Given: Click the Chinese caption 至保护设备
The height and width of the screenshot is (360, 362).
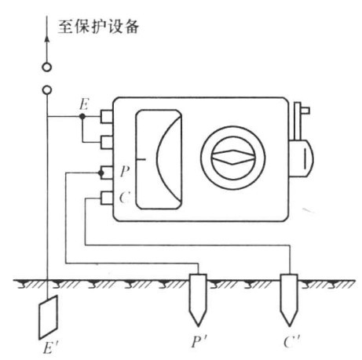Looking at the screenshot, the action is pos(98,27).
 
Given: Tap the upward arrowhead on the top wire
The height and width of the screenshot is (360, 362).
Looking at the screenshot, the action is pos(47,38).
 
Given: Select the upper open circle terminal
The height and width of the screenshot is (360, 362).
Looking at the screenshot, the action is pos(47,67).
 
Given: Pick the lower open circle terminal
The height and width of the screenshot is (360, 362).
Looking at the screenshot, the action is pos(47,90).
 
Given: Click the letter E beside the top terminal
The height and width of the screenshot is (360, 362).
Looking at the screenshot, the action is pos(84,104).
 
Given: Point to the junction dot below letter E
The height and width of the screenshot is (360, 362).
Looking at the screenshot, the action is pos(82,116).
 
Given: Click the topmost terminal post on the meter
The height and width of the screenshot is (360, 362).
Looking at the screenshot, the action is pos(107,116).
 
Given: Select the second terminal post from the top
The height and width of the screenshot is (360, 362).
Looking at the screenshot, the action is pos(107,142).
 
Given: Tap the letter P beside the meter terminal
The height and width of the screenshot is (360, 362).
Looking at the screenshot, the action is pos(125,172).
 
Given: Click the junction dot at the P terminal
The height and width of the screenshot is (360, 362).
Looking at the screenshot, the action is pos(101,173).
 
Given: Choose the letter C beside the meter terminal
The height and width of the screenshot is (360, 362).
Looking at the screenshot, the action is pos(125,197).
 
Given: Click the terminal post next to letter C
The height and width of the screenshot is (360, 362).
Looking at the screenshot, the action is pos(107,198).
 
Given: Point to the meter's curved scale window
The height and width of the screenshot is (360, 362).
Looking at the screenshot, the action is pos(159,159).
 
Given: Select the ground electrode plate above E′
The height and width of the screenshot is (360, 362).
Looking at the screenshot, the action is pos(48,317).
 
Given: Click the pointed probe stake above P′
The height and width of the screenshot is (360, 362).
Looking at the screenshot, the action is pos(198,300).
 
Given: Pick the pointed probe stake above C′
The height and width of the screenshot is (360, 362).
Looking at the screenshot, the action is pos(289,300).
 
